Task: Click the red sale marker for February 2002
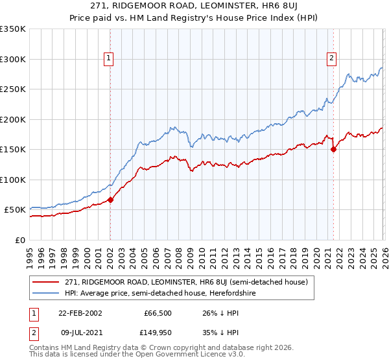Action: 110,200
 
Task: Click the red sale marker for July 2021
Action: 334,149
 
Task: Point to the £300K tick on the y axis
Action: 12,59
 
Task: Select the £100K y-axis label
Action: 12,180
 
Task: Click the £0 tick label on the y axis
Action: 19,240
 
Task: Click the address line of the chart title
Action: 194,6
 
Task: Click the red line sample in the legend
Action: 47,282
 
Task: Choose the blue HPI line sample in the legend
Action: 47,294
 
